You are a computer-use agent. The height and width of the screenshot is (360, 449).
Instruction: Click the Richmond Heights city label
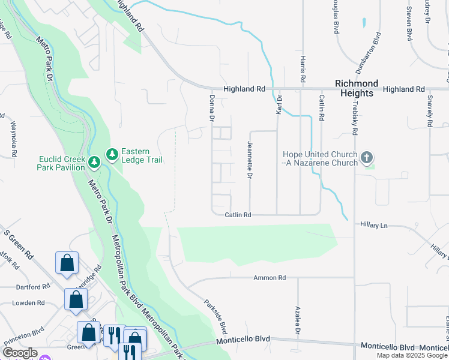(x=357, y=88)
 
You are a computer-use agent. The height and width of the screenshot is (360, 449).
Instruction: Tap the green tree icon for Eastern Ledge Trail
(x=112, y=155)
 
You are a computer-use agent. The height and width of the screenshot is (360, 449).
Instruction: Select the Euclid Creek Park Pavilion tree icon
(x=94, y=162)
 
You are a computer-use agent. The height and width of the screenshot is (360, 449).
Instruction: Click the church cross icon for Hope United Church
(x=367, y=158)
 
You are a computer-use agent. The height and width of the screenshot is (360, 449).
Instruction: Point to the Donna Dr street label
(x=212, y=108)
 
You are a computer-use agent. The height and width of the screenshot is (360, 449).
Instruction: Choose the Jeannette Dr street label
(x=249, y=160)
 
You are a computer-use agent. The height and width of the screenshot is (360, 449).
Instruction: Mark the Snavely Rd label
(x=430, y=110)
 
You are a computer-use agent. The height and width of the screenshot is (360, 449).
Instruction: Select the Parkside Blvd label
(x=215, y=317)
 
